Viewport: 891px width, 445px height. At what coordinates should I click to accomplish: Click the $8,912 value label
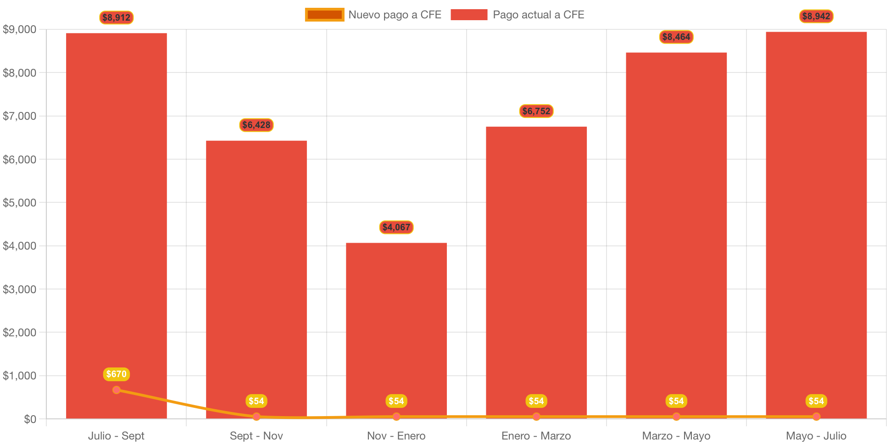pos(117,18)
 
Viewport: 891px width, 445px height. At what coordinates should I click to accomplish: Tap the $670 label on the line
pos(117,374)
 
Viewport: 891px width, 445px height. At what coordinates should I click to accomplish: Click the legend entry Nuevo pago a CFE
pos(373,15)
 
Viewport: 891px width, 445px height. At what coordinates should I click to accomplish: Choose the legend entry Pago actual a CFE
pos(517,15)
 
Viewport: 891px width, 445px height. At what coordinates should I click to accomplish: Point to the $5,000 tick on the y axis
pos(20,203)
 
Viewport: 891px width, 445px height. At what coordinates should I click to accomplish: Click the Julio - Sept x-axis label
pos(116,436)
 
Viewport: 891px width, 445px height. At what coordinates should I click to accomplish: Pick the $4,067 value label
pos(396,227)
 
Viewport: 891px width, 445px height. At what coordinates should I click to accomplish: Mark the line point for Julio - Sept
pos(117,390)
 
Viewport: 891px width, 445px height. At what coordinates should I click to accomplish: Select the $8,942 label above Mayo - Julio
pos(816,17)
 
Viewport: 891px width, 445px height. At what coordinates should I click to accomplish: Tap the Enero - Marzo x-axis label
pos(536,436)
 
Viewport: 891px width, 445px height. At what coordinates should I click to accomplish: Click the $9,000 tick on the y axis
pos(20,30)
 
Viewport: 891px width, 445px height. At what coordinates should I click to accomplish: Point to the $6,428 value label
pos(256,125)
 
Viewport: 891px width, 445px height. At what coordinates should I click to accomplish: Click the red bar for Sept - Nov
pos(256,275)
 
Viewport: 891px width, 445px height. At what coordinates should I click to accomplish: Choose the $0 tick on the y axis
pos(30,419)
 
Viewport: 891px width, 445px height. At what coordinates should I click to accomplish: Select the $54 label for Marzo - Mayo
pos(676,401)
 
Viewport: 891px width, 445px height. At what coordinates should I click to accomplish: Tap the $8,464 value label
pos(676,37)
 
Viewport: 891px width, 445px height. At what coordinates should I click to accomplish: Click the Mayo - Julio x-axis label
pos(816,436)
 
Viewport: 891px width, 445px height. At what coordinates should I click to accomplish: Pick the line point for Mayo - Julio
pos(816,417)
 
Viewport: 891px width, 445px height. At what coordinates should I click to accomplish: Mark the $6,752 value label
pos(536,111)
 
